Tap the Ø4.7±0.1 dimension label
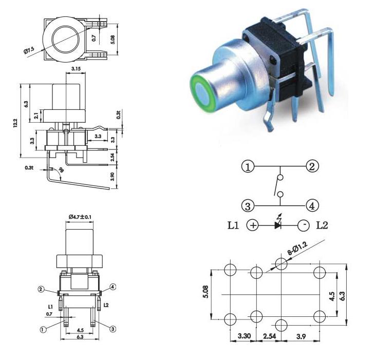tap(80, 217)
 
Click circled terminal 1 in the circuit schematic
tap(248, 167)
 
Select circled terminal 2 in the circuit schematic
tap(312, 166)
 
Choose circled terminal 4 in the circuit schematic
tap(312, 206)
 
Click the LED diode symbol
tap(278, 224)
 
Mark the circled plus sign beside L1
tap(252, 225)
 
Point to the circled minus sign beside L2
tap(304, 225)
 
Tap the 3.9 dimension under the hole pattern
tap(302, 337)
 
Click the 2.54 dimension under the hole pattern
tap(270, 337)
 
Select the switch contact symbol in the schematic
tap(280, 186)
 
